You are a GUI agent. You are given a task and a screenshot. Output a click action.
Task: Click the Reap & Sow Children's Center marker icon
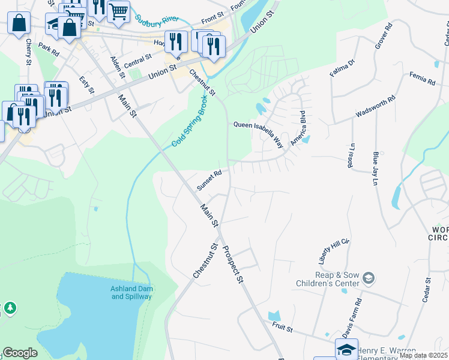click(x=368, y=278)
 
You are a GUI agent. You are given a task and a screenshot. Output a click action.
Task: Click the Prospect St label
click(x=233, y=264)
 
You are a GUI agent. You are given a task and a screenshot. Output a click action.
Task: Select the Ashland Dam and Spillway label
click(x=131, y=292)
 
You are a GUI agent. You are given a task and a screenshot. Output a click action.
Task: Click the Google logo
click(x=20, y=353)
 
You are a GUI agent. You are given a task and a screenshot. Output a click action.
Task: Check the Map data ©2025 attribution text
click(x=423, y=355)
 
